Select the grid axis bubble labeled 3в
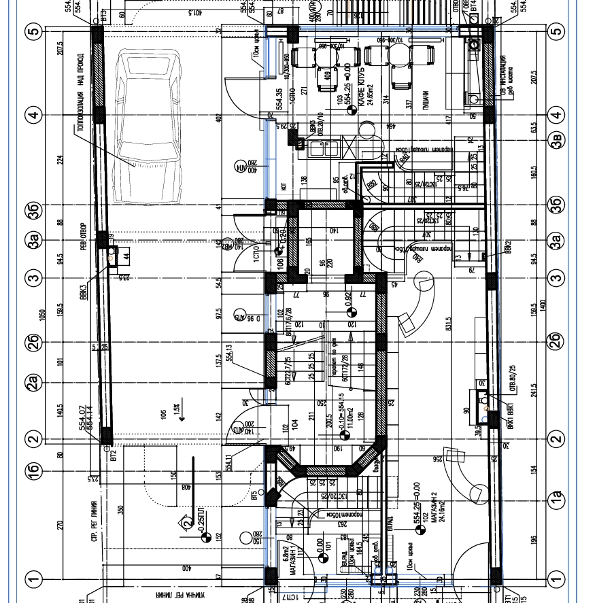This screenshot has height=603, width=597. [x=558, y=139]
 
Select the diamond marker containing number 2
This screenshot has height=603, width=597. [x=186, y=523]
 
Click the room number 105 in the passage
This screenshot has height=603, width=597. [x=164, y=414]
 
